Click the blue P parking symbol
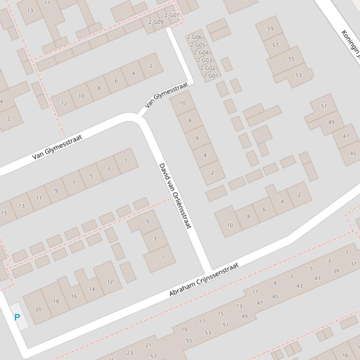17,317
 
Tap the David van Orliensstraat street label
176,196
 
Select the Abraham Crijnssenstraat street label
204,280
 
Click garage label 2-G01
211,76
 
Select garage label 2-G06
194,37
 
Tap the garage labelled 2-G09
156,22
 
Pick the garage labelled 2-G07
172,15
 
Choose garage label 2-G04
201,52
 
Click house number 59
270,29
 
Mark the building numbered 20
38,309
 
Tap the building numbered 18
56,301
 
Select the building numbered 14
92,289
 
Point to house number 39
336,271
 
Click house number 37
353,264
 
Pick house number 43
299,286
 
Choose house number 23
130,353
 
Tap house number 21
148,345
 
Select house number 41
317,278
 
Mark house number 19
184,329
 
